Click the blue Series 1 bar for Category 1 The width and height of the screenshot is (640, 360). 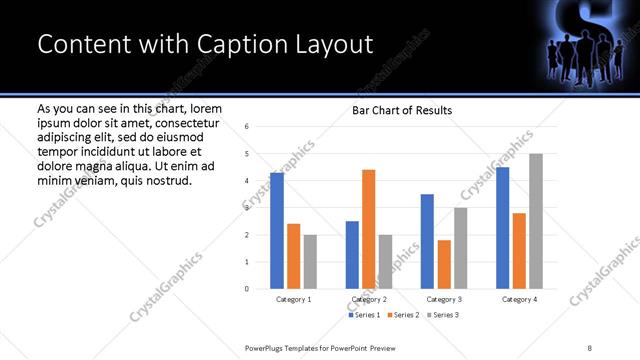point(277,231)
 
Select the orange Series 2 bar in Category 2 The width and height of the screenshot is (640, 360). point(368,229)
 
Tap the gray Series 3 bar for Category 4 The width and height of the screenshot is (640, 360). point(536,221)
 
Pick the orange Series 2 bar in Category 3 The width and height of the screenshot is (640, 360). point(444,264)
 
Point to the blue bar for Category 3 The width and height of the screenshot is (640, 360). point(427,241)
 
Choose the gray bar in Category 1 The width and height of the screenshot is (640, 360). point(310,262)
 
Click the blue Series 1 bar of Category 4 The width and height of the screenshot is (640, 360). point(502,228)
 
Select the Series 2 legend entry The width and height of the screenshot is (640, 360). point(402,315)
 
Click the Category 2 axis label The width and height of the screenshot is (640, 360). point(369,300)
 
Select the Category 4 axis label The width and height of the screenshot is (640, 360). point(519,300)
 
